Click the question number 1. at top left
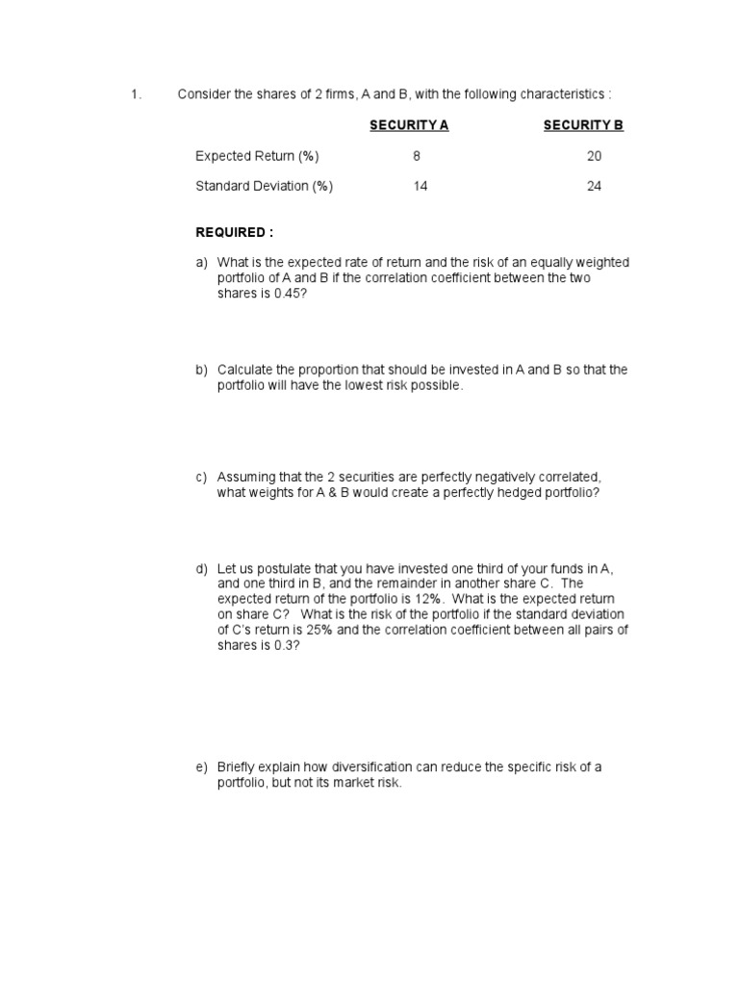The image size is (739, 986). (136, 94)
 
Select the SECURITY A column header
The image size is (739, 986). (409, 125)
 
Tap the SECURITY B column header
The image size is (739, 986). (583, 125)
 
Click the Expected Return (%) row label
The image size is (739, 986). (257, 156)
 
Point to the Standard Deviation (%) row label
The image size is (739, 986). (264, 187)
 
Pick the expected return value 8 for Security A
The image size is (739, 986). (417, 156)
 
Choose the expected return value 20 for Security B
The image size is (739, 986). (594, 156)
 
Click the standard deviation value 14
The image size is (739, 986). (420, 187)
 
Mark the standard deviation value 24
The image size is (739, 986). (594, 187)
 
